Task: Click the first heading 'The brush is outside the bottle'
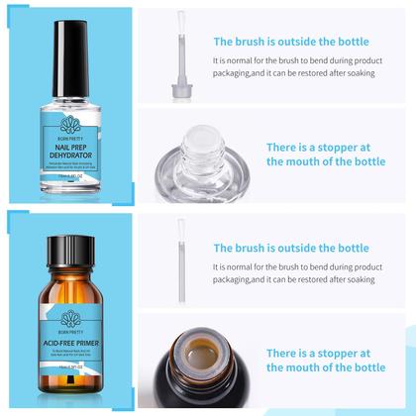pos(291,42)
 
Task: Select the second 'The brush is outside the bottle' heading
pos(291,248)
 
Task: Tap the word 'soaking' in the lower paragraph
pos(377,279)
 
